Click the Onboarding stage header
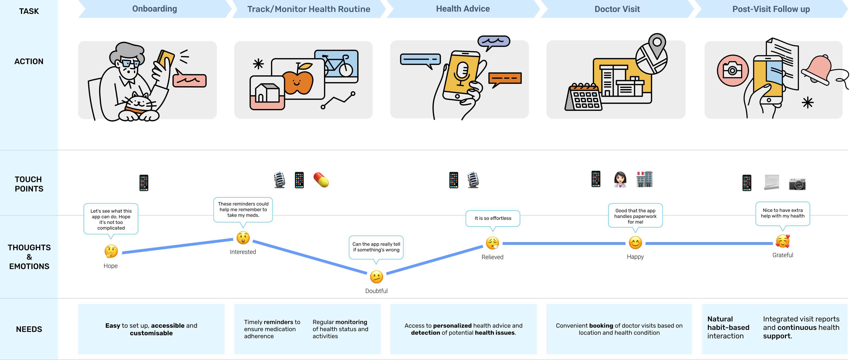click(155, 9)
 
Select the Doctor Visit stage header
click(617, 9)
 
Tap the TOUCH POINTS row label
click(29, 184)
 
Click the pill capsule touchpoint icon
click(321, 180)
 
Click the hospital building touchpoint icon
click(644, 179)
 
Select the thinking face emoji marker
click(112, 251)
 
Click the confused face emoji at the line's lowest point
click(376, 276)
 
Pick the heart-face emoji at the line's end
click(783, 242)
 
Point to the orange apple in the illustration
click(298, 80)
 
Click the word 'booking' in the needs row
click(601, 326)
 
